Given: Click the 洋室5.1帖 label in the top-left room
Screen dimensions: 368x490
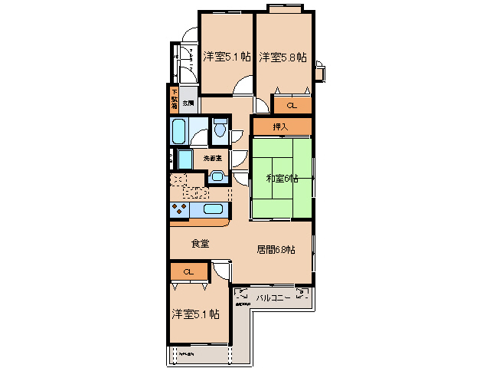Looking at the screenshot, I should (x=227, y=57).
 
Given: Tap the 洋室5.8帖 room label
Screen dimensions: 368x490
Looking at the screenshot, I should (x=283, y=57).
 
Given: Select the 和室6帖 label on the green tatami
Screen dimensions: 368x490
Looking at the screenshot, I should (x=281, y=179).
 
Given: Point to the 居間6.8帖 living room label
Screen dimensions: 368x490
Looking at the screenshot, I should (x=276, y=249).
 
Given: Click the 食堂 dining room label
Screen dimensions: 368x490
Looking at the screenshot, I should (x=201, y=244).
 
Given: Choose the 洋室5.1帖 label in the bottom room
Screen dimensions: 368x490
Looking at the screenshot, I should (x=195, y=314).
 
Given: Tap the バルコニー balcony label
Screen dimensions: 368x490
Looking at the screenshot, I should (x=273, y=298).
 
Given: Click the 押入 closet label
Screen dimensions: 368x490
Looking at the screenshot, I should (x=281, y=127).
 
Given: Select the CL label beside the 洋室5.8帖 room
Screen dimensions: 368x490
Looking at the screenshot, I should (x=292, y=106).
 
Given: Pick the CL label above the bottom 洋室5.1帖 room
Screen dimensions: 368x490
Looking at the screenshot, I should (x=188, y=272).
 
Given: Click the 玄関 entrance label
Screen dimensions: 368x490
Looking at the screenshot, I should (x=188, y=102).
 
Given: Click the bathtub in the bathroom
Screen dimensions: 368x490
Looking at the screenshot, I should (x=180, y=131).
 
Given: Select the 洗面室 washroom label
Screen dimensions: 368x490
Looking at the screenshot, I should (x=212, y=158).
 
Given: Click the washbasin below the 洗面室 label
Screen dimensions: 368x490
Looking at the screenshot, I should (x=217, y=177).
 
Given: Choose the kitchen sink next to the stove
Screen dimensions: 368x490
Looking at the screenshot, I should (x=214, y=209).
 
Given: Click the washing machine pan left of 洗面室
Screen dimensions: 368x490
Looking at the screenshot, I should (x=185, y=159).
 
